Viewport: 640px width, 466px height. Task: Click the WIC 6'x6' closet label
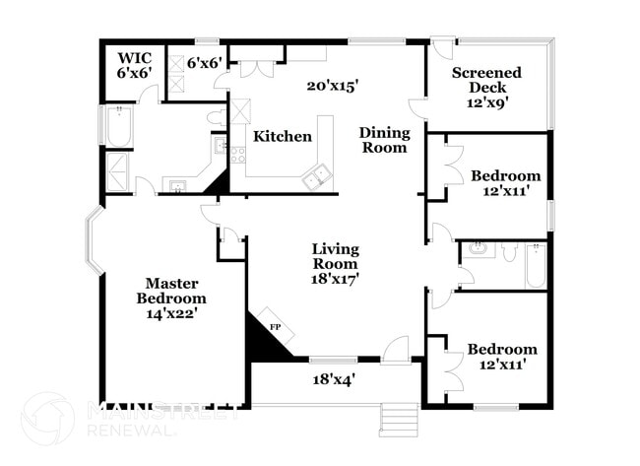(x=134, y=65)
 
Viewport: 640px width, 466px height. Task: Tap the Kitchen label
(x=283, y=137)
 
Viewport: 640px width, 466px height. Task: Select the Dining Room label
(x=383, y=140)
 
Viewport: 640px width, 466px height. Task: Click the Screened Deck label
(x=486, y=87)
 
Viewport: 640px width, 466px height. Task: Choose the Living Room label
(x=336, y=264)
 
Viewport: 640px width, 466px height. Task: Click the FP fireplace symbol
(x=275, y=327)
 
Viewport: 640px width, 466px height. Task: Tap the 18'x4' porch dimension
(x=334, y=378)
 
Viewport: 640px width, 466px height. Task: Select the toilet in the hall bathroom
(x=508, y=252)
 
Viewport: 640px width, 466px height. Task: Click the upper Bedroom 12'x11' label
(x=506, y=183)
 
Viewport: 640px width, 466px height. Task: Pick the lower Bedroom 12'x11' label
(x=502, y=357)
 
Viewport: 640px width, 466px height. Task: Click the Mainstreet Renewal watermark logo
(x=47, y=419)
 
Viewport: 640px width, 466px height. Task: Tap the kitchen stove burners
(x=237, y=154)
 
